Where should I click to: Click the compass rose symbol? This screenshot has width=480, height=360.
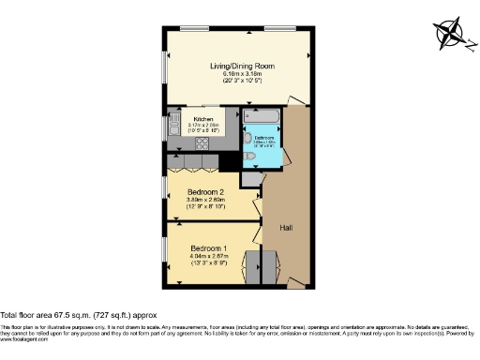(451, 33)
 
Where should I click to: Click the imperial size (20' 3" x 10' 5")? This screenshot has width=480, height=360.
(240, 82)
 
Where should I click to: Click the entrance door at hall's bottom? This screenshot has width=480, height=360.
(298, 280)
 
